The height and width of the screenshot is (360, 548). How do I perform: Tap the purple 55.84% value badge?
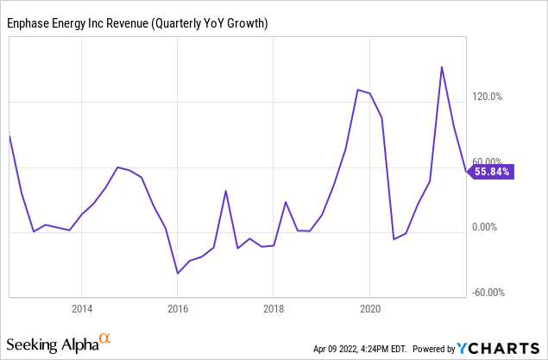pos(490,172)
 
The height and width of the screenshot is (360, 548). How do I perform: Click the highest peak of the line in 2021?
pos(442,66)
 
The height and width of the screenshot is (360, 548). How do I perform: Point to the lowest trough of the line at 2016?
pos(178,274)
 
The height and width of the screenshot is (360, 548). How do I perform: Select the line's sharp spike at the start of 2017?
pos(225,191)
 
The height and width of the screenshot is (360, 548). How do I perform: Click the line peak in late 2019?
pos(357,89)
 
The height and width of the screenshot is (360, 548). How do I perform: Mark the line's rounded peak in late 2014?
pos(117,167)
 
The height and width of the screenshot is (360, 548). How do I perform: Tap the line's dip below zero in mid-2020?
pos(394,239)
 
